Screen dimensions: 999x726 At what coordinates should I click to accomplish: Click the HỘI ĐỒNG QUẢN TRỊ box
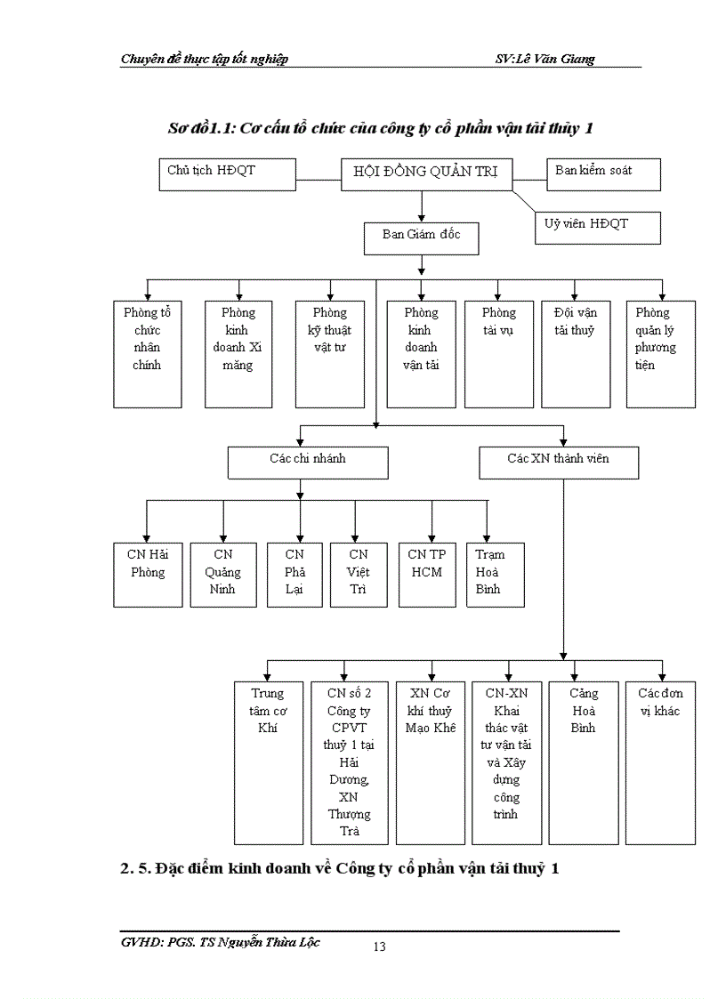426,174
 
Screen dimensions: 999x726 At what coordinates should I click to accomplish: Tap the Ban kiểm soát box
602,174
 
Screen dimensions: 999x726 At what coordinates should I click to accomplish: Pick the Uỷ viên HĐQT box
597,227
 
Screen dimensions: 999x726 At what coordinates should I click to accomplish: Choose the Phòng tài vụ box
498,354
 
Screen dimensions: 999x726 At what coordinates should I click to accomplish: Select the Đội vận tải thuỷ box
576,354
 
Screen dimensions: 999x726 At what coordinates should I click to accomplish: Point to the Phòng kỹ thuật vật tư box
330,354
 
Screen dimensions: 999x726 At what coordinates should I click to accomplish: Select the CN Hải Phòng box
148,574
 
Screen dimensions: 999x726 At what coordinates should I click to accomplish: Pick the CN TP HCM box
432,574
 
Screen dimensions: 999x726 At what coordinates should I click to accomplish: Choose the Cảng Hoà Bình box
584,762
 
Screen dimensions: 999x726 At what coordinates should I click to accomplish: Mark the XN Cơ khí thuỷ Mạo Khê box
432,762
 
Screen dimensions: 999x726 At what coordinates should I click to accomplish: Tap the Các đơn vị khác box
661,762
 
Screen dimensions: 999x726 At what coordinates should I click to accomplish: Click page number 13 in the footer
380,947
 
